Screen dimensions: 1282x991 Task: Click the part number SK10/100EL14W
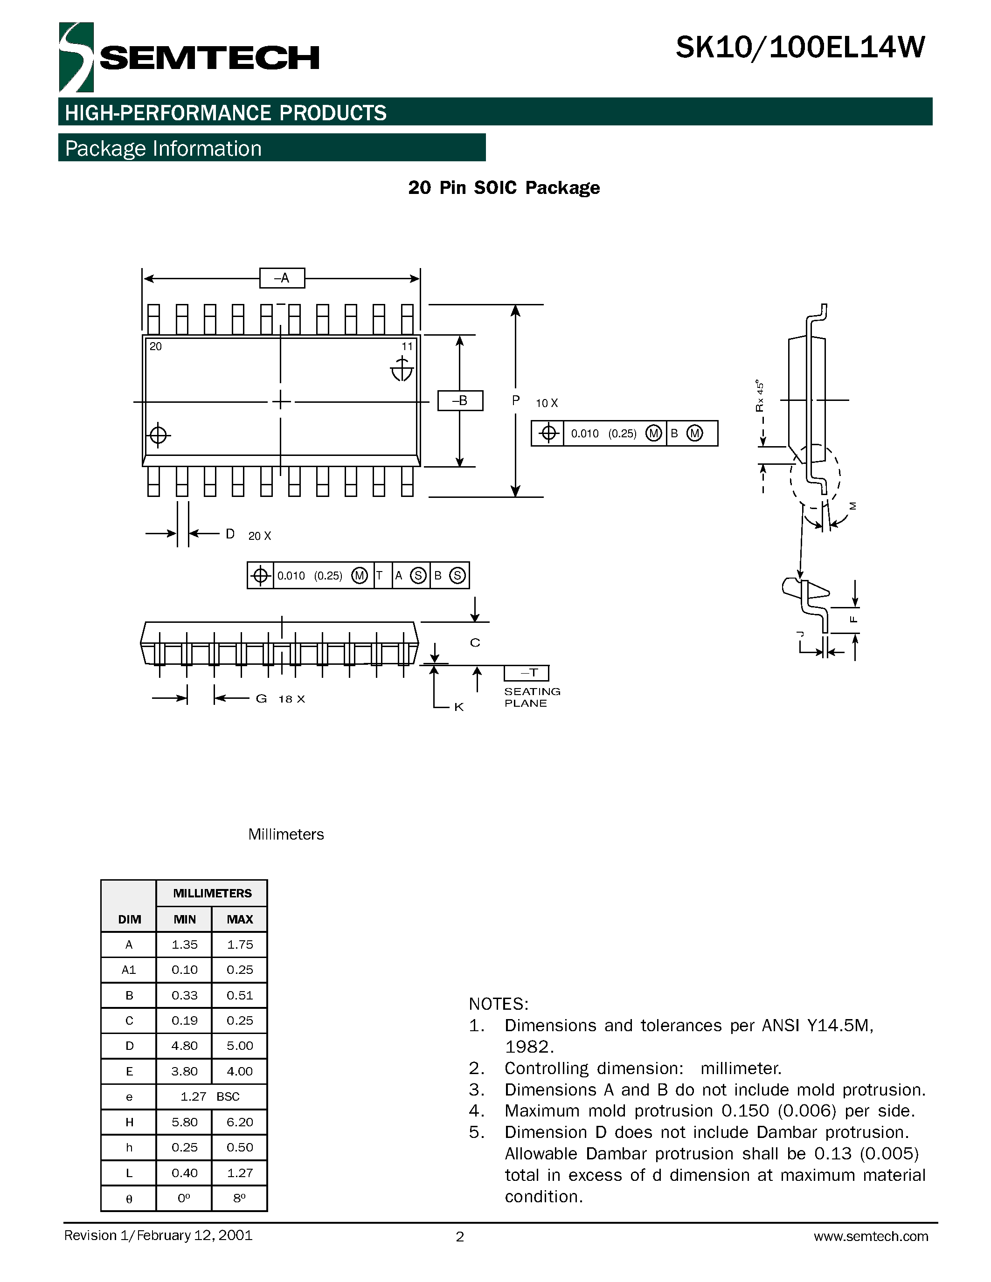800,48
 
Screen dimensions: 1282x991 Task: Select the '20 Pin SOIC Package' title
504,188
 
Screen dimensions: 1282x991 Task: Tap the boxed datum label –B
460,401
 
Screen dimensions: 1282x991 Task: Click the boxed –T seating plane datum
527,673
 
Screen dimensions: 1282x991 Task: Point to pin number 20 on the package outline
156,346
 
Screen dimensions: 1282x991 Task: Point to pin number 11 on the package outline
407,346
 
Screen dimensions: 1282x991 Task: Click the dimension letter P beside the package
515,400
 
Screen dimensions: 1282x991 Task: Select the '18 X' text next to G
292,699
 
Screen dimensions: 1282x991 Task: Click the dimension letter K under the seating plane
459,707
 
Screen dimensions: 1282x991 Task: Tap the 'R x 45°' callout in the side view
760,396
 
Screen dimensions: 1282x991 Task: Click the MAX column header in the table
240,919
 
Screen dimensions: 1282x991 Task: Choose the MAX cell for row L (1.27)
240,1173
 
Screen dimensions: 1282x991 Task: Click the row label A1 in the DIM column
129,970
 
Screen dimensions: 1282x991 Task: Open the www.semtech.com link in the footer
871,1237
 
